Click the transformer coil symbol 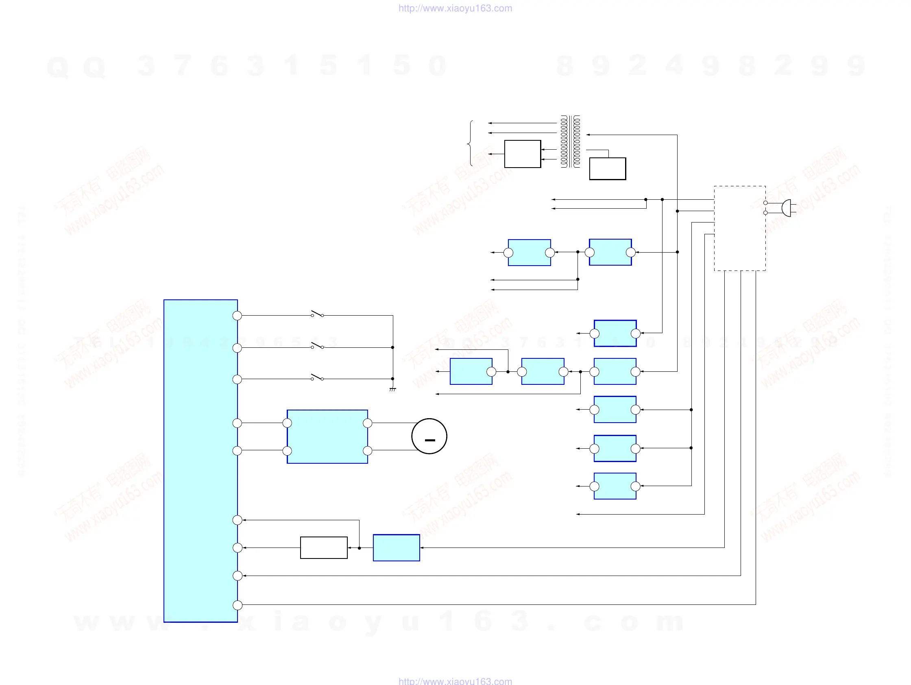pos(571,141)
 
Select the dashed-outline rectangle pos(740,228)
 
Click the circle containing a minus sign pos(429,436)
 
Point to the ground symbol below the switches pos(392,389)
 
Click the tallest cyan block pos(201,460)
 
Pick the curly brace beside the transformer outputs pos(470,143)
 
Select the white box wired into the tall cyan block pos(324,548)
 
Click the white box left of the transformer pos(522,154)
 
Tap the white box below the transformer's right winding pos(608,168)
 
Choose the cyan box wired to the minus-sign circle pos(327,436)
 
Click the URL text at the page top pos(455,8)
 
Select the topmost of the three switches pos(317,314)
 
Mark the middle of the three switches pos(317,346)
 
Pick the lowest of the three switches pos(317,377)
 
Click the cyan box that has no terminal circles pos(396,548)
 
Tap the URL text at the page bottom pos(455,681)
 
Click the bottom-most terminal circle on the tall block pos(237,605)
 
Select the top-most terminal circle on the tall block pos(237,316)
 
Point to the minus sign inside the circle pos(429,440)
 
